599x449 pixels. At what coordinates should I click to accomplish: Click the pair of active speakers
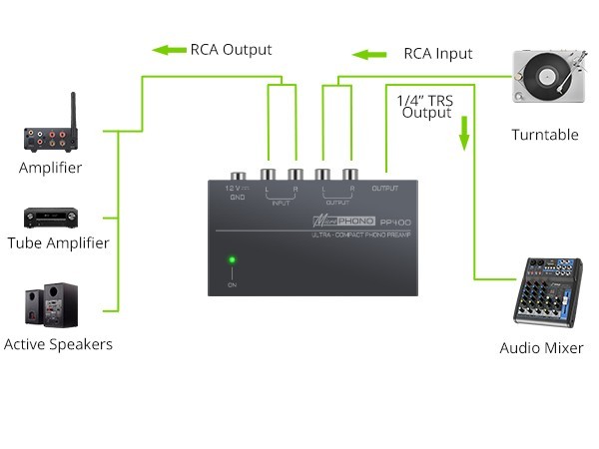51,305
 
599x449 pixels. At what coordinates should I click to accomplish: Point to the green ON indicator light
232,261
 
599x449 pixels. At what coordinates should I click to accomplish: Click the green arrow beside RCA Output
168,50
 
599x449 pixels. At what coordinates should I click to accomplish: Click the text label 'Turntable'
544,135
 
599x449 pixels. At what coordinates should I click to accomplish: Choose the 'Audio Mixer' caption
541,348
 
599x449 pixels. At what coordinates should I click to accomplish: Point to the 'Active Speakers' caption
58,344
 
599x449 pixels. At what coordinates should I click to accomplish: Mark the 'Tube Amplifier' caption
58,242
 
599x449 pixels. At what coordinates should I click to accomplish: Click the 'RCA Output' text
231,50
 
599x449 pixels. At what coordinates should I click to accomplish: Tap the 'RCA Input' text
438,54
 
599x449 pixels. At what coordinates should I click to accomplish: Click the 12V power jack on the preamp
238,178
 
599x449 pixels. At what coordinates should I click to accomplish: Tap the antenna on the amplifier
73,108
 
